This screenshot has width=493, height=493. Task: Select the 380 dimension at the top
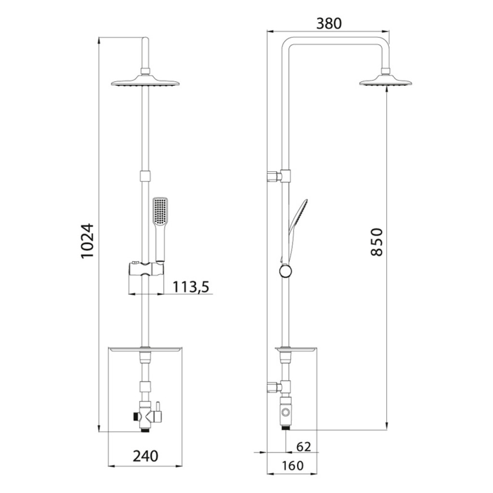point(328,24)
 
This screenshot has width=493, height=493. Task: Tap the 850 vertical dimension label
point(377,242)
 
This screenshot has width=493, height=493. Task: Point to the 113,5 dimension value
point(191,286)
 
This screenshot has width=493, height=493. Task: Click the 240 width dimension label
point(145,456)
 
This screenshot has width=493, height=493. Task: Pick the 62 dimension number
point(303,446)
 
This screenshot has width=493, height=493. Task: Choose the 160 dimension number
point(292,466)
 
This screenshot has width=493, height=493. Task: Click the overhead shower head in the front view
point(145,80)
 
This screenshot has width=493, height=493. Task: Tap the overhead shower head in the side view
point(386,80)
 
